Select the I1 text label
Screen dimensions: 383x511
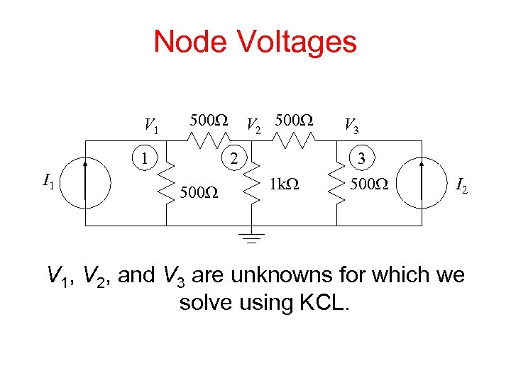pos(49,184)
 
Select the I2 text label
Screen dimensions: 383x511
pos(462,188)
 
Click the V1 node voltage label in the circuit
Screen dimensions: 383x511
pos(151,126)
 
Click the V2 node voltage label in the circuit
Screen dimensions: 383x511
pos(253,126)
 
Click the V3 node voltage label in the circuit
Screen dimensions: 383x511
pos(351,126)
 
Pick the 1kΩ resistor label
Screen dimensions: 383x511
pos(286,186)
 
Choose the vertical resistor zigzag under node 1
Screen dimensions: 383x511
pos(167,184)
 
